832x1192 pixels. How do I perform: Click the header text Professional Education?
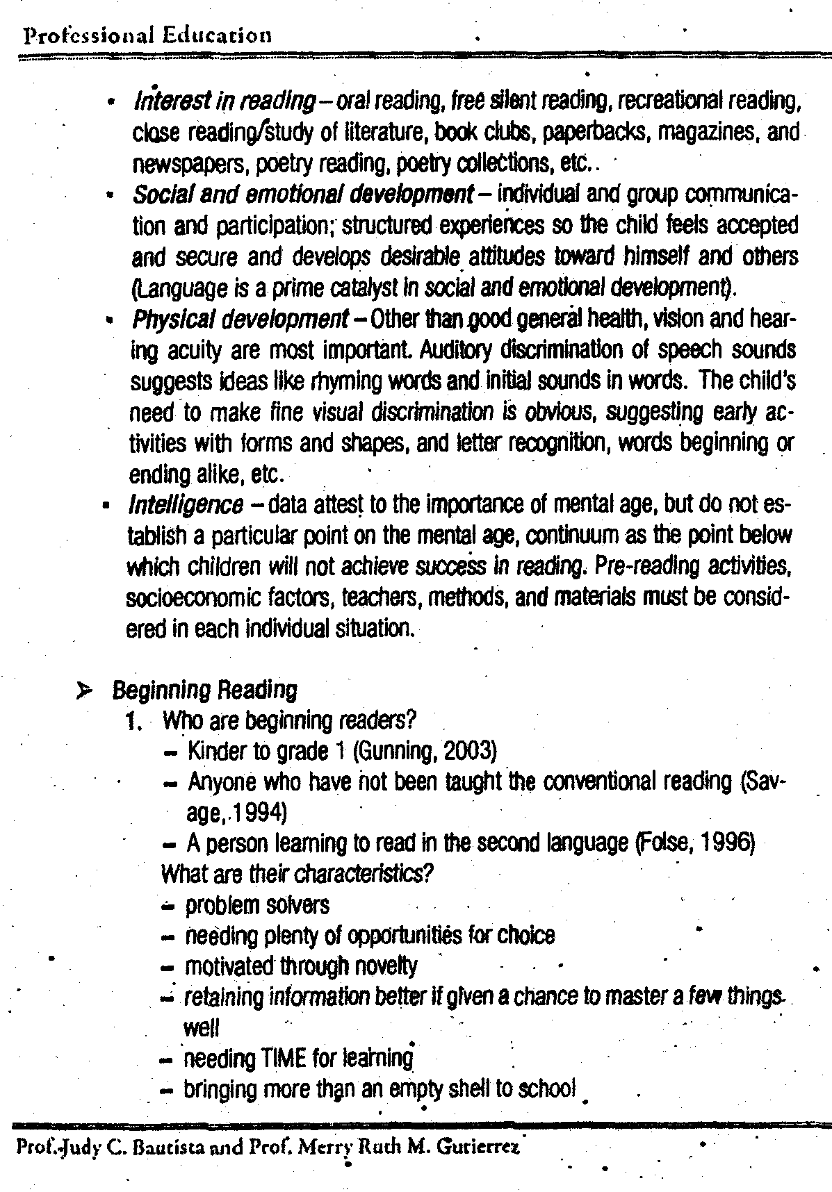click(x=147, y=35)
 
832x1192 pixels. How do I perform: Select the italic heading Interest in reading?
click(x=225, y=102)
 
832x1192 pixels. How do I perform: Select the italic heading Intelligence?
click(x=186, y=505)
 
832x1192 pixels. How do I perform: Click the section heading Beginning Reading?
click(x=204, y=690)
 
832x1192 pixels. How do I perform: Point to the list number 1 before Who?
click(x=133, y=722)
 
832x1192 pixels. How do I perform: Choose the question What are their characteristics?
click(x=297, y=873)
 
